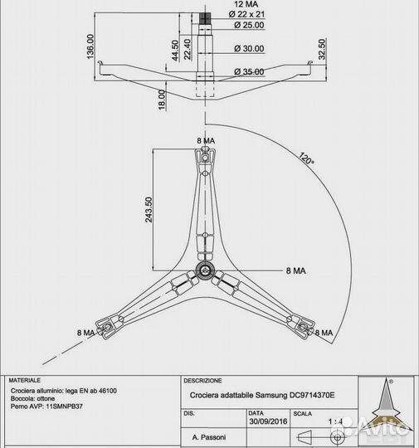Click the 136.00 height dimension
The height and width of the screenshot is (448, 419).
tap(90, 46)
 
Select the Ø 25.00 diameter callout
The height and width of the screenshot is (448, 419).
tap(249, 25)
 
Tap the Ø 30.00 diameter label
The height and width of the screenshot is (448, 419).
tap(249, 49)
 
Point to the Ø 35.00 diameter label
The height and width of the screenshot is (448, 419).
tap(249, 71)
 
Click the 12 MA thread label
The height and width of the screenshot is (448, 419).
tap(246, 4)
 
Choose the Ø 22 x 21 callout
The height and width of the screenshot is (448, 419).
tap(246, 14)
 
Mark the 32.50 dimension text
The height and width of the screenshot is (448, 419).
tap(322, 49)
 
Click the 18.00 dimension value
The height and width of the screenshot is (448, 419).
tap(162, 100)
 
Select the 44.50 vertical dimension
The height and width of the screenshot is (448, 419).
tap(175, 51)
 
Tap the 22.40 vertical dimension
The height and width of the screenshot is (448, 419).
tap(188, 49)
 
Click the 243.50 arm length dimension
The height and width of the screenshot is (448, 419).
tap(149, 210)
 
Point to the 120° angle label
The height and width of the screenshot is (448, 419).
tap(306, 158)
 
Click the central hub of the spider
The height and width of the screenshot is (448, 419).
tap(204, 270)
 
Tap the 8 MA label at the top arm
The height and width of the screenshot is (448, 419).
tap(206, 140)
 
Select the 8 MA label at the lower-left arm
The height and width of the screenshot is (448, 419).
tap(85, 333)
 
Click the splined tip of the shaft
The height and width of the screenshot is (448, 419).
tap(205, 18)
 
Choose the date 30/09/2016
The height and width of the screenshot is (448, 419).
tap(268, 421)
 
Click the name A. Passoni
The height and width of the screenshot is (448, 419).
tap(209, 437)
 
